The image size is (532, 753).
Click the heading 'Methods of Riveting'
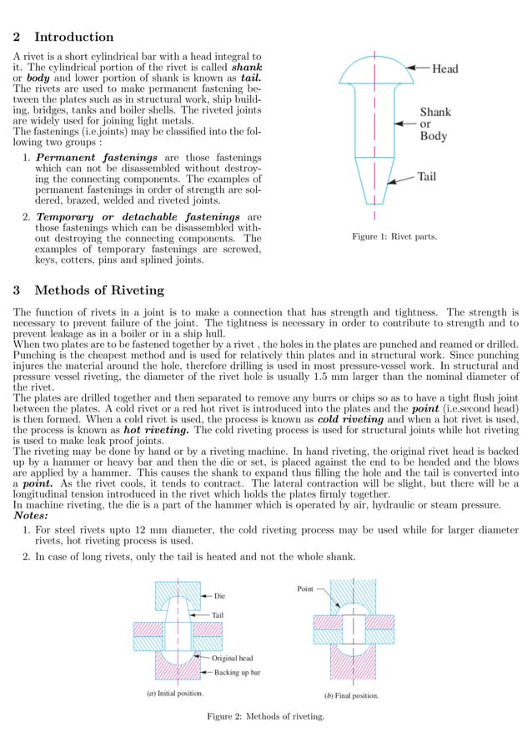pos(98,291)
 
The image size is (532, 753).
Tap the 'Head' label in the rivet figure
pos(444,69)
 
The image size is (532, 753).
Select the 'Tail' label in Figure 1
pos(426,177)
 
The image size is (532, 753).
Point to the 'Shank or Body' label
pos(434,124)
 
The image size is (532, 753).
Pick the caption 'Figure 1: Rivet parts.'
pos(394,237)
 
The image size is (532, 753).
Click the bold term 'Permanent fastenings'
pos(97,158)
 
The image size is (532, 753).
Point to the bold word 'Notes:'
pos(36,515)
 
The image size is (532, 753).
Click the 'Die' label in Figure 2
pos(220,596)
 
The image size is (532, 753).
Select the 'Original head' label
pos(233,658)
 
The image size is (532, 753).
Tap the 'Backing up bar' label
pos(238,672)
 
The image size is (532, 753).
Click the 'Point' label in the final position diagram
pos(305,589)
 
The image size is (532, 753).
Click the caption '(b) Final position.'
pos(351,695)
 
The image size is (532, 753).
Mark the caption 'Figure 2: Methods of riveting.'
pos(265,716)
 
